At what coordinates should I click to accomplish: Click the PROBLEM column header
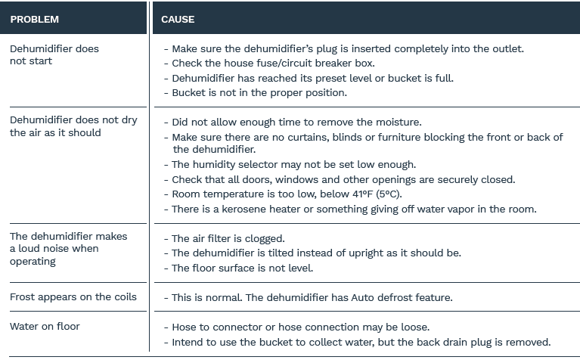pyautogui.click(x=34, y=19)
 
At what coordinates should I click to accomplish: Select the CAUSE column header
pyautogui.click(x=178, y=19)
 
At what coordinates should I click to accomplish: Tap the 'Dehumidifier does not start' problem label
pyautogui.click(x=54, y=54)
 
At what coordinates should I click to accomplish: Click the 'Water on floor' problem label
pyautogui.click(x=45, y=326)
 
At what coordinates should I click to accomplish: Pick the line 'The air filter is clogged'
pyautogui.click(x=228, y=238)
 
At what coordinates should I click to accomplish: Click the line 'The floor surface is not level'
pyautogui.click(x=242, y=268)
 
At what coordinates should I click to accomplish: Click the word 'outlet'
pyautogui.click(x=507, y=48)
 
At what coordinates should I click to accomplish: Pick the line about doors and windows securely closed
pyautogui.click(x=343, y=179)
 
